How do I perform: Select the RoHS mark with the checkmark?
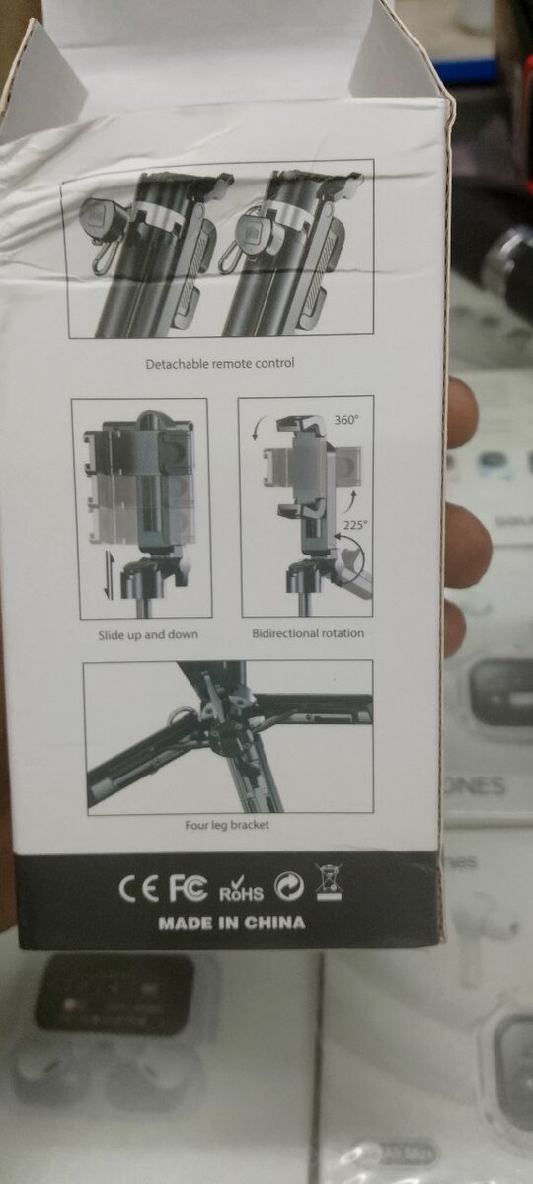[x=240, y=888]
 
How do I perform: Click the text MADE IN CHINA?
[x=232, y=924]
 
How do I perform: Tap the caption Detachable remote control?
[x=219, y=363]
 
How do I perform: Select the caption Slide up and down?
[x=147, y=634]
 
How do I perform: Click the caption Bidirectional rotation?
[x=307, y=632]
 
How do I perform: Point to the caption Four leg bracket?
[x=227, y=825]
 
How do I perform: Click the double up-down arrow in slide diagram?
[x=109, y=574]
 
